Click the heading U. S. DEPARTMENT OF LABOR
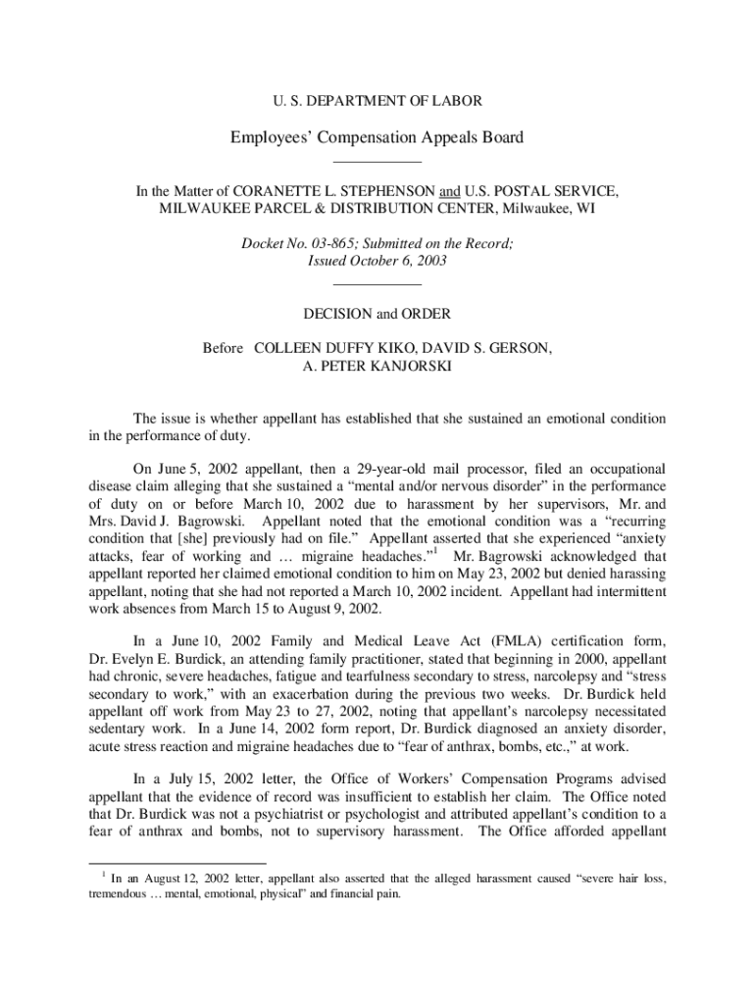[x=377, y=100]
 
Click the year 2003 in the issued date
[x=429, y=261]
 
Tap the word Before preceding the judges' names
[x=224, y=348]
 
